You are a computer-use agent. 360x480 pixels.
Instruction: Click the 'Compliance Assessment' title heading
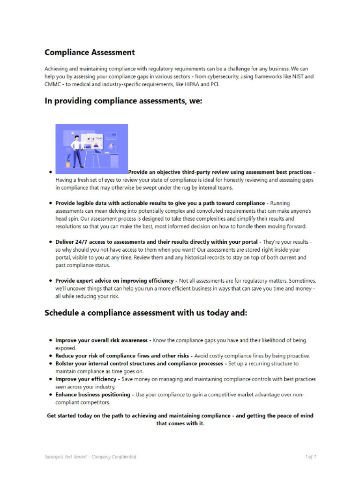pos(90,52)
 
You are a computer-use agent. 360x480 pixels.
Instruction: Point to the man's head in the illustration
pos(76,138)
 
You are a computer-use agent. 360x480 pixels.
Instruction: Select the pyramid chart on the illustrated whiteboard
pos(97,146)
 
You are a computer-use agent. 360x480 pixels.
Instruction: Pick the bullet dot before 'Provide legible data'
pos(50,203)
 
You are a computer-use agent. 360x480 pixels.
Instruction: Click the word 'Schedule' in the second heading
pos(62,313)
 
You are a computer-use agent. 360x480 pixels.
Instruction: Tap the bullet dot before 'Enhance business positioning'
pos(50,395)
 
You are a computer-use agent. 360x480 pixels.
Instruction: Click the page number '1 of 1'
pos(310,457)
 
